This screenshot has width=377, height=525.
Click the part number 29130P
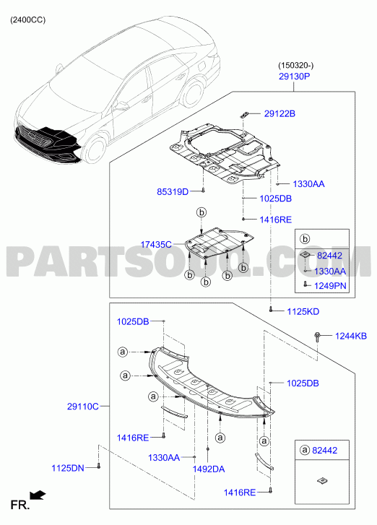click(294, 77)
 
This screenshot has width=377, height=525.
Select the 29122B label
click(279, 114)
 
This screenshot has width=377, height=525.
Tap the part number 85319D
click(173, 192)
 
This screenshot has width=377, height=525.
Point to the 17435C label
click(156, 245)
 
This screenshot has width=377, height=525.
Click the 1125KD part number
click(303, 312)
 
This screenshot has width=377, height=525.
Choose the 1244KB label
click(351, 336)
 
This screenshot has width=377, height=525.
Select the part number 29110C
click(83, 407)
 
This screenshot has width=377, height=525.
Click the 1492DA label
click(208, 469)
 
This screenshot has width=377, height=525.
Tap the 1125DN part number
click(68, 468)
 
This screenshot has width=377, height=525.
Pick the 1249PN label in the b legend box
click(330, 286)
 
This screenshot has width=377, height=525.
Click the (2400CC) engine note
click(27, 20)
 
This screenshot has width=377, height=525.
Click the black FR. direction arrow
click(38, 495)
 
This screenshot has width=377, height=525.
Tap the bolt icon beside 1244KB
click(317, 337)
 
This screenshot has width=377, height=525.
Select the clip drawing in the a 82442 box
click(322, 481)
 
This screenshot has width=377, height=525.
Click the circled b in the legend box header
click(305, 239)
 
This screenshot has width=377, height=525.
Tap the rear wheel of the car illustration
click(194, 92)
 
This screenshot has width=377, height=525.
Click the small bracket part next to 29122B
click(244, 115)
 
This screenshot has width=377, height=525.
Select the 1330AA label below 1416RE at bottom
click(164, 457)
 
